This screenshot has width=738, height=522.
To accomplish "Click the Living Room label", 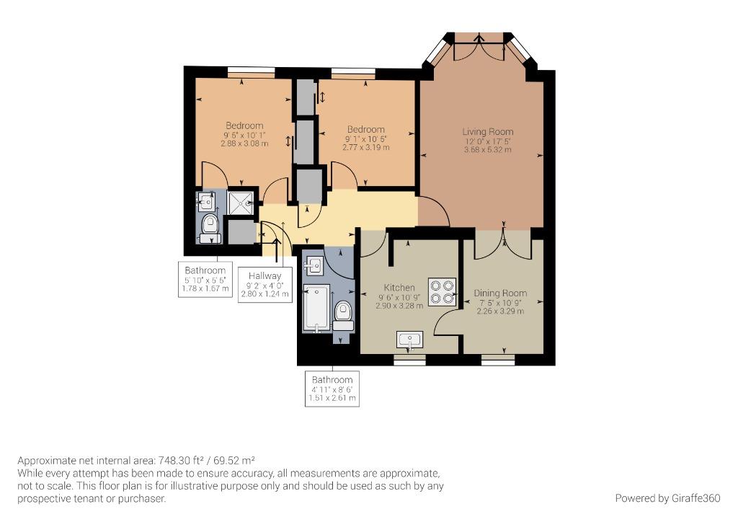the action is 488,132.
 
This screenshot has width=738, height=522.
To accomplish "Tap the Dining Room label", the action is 500,293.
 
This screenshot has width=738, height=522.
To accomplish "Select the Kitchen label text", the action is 399,288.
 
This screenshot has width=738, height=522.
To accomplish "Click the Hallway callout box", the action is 264,285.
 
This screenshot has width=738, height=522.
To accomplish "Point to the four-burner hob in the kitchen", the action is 443,292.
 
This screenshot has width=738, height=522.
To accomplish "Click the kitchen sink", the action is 410,340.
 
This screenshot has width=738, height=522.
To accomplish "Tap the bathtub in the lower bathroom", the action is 316,309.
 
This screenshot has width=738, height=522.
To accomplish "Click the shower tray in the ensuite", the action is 240,203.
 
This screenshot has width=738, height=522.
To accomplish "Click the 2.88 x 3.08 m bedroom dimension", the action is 244,143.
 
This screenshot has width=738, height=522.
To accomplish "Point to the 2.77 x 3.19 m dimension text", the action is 365,147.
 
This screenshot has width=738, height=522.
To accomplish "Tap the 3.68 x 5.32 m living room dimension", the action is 488,150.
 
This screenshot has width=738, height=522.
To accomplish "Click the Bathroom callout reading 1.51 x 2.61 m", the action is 332,389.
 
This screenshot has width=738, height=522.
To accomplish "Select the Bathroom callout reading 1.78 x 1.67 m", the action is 205,279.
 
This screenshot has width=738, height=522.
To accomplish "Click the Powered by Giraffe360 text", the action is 667,498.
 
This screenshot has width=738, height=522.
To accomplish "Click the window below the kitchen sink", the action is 409,360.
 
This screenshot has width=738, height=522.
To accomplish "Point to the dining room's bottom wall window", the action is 498,360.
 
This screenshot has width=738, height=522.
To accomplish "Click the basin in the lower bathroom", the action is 314,267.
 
